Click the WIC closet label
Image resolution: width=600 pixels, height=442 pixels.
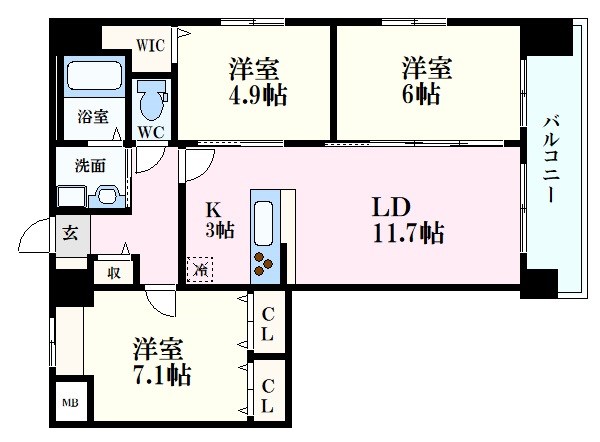click(x=150, y=46)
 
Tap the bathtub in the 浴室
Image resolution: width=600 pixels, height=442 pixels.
click(x=95, y=76)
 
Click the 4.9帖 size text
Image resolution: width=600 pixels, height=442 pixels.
click(x=258, y=95)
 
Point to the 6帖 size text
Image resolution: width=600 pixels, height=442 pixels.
click(x=420, y=94)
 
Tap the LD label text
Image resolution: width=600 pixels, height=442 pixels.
click(x=391, y=207)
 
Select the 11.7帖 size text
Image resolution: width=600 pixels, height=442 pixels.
click(x=408, y=233)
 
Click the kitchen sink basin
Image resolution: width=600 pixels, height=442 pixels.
click(x=263, y=223)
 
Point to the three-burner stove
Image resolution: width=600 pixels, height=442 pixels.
click(x=263, y=264)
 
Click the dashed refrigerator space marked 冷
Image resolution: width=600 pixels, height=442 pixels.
click(x=200, y=269)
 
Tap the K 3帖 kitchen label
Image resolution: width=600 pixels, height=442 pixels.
click(x=220, y=220)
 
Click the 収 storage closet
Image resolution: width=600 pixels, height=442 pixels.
click(x=114, y=272)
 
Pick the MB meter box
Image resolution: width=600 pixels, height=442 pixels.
click(x=70, y=403)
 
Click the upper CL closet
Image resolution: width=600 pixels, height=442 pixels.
click(x=269, y=322)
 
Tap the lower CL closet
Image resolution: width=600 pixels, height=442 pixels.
click(x=269, y=394)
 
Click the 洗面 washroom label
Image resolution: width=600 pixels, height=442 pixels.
click(x=90, y=166)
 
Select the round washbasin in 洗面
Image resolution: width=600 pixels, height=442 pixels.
click(x=107, y=195)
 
